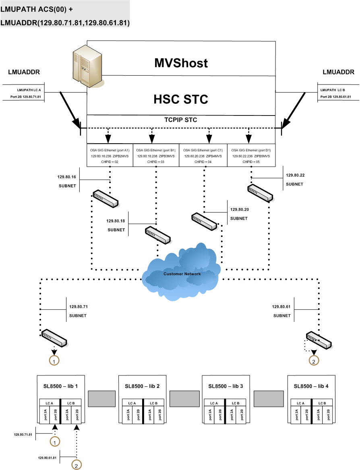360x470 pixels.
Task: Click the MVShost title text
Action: click(x=181, y=63)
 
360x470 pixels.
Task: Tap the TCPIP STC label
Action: click(x=181, y=120)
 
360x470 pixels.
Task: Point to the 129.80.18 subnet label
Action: click(x=116, y=225)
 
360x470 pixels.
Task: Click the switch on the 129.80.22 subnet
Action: click(x=260, y=192)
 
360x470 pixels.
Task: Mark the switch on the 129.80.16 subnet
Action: click(x=106, y=199)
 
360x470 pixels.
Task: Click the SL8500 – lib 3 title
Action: click(x=226, y=386)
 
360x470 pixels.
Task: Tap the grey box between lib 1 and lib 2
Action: click(x=101, y=399)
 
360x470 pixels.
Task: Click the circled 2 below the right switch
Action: click(x=313, y=361)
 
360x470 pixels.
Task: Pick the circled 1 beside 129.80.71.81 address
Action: click(x=54, y=441)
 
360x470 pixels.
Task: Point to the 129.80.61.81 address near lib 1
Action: click(x=47, y=457)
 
